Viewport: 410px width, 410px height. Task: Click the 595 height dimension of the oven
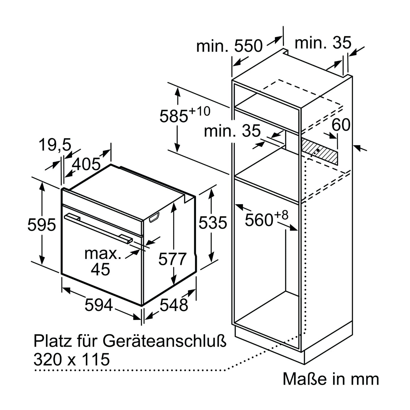click(41, 225)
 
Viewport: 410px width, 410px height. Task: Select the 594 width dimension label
click(98, 305)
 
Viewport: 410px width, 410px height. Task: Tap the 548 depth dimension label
click(174, 305)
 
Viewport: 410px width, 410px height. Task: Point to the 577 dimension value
click(172, 259)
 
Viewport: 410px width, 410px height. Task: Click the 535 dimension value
click(213, 222)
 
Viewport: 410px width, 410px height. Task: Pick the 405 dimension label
click(86, 164)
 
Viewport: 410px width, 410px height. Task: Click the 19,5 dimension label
click(55, 145)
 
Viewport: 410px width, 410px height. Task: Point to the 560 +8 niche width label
click(266, 219)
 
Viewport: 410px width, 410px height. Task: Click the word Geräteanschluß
click(164, 341)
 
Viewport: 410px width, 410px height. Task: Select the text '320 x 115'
click(72, 359)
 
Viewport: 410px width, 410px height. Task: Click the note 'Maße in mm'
click(331, 379)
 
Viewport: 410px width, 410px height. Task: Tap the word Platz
click(52, 341)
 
